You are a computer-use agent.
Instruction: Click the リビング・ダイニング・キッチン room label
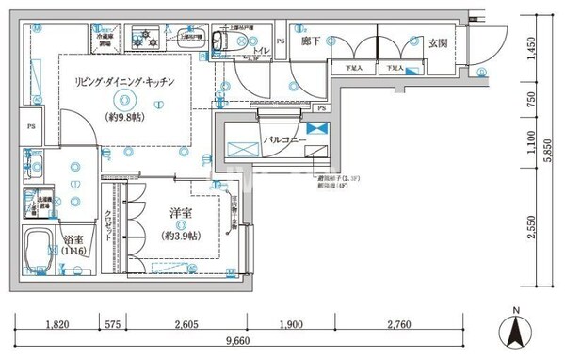click(x=124, y=82)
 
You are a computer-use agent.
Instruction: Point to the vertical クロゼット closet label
click(x=109, y=225)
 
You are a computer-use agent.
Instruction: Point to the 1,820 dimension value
click(x=57, y=325)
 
